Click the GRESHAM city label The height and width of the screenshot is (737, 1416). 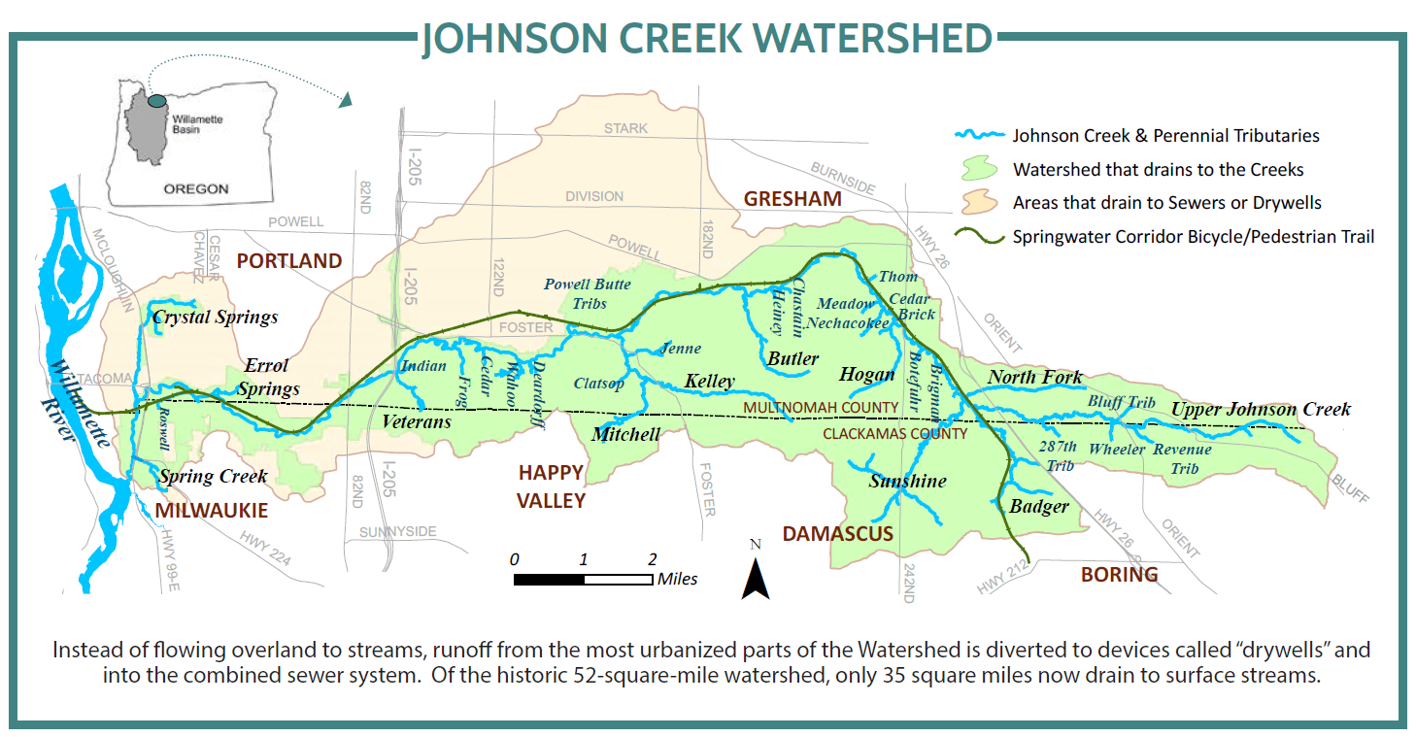(x=792, y=199)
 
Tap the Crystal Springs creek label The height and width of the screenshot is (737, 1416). (x=215, y=318)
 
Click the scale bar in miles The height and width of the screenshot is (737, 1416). (x=583, y=580)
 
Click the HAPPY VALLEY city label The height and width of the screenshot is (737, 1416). (x=551, y=486)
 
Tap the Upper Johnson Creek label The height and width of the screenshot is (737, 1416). (x=1260, y=409)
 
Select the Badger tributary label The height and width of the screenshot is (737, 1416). (x=1038, y=506)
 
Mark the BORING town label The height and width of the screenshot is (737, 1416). (x=1119, y=574)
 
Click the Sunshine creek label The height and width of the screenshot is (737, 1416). (x=907, y=481)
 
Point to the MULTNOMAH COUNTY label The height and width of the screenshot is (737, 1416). (x=821, y=407)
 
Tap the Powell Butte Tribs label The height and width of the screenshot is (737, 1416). (x=588, y=293)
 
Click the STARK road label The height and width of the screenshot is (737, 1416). (x=624, y=128)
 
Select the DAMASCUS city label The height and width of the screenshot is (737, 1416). (x=837, y=533)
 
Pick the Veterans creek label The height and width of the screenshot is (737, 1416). (x=417, y=422)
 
